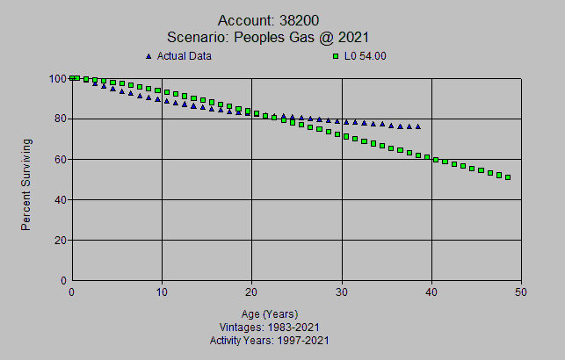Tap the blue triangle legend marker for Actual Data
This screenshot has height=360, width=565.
pyautogui.click(x=148, y=56)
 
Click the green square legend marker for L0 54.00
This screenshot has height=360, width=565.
pyautogui.click(x=335, y=56)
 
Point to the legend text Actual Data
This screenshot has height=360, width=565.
pyautogui.click(x=185, y=56)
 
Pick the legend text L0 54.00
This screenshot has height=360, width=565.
pyautogui.click(x=366, y=56)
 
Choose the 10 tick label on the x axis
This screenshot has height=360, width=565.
pyautogui.click(x=162, y=292)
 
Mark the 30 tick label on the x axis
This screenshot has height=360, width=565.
pyautogui.click(x=342, y=292)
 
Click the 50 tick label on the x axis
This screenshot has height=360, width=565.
pyautogui.click(x=521, y=292)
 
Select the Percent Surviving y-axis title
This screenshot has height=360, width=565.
pyautogui.click(x=26, y=184)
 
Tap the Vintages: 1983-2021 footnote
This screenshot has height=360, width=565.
pyautogui.click(x=270, y=327)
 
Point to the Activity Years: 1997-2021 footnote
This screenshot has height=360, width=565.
pyautogui.click(x=270, y=340)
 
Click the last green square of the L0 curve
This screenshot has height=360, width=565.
pyautogui.click(x=508, y=177)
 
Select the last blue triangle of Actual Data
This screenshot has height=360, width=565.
pyautogui.click(x=417, y=126)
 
